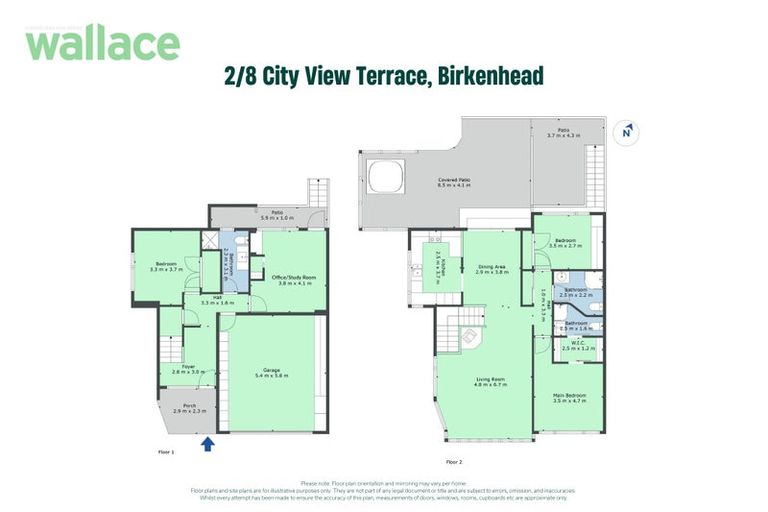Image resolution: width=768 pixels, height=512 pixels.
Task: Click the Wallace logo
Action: point(102,43)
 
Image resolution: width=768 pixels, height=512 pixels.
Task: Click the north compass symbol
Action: point(627,131)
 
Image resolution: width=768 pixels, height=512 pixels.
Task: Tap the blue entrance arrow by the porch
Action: point(208,443)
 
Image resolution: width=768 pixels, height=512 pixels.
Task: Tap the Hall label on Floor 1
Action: point(216,298)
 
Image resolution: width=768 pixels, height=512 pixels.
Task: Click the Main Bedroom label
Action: point(570,397)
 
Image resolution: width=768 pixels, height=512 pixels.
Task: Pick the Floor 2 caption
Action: point(454,461)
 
